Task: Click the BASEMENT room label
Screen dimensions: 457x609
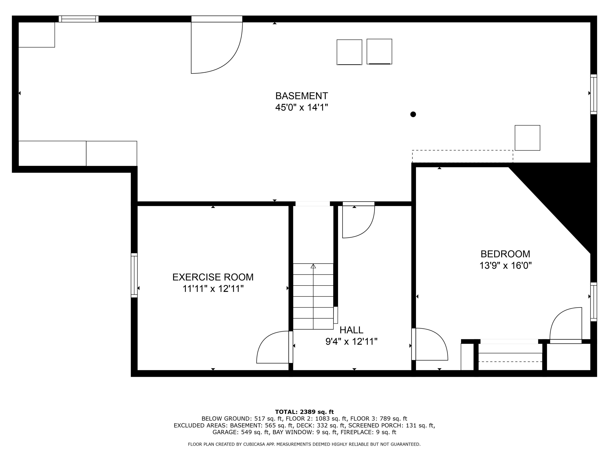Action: pyautogui.click(x=301, y=96)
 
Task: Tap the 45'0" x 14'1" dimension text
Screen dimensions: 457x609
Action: pyautogui.click(x=301, y=107)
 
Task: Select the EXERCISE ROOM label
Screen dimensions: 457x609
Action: pyautogui.click(x=213, y=277)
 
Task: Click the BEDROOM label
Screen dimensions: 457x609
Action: pyautogui.click(x=505, y=254)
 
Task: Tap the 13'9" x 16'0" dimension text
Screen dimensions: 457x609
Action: pyautogui.click(x=505, y=265)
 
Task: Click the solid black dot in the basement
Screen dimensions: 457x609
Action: pyautogui.click(x=413, y=114)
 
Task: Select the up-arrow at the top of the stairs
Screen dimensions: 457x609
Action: pyautogui.click(x=313, y=266)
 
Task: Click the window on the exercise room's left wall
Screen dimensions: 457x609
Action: pyautogui.click(x=134, y=275)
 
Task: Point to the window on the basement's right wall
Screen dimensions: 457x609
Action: pyautogui.click(x=594, y=94)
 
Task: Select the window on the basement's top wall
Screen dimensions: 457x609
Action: pyautogui.click(x=79, y=19)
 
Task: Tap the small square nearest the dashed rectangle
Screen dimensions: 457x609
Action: pyautogui.click(x=527, y=138)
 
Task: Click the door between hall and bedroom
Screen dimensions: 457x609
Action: pyautogui.click(x=430, y=344)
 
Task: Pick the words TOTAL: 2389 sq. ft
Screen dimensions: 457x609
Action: pyautogui.click(x=304, y=412)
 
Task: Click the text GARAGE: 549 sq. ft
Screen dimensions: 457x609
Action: pyautogui.click(x=241, y=432)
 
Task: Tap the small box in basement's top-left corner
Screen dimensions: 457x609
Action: pyautogui.click(x=37, y=35)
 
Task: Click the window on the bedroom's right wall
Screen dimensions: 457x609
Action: pyautogui.click(x=594, y=302)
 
